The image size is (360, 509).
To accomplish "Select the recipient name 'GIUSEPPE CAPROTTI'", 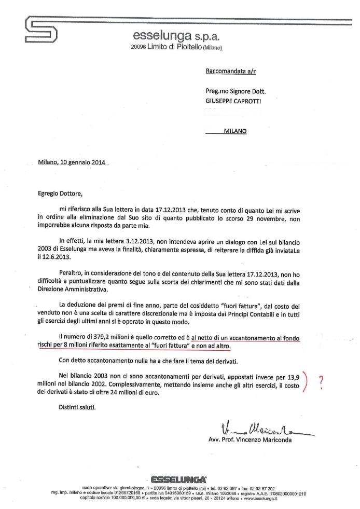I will (233, 102).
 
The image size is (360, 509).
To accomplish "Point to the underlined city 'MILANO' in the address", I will (235, 131).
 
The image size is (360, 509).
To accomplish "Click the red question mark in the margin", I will (322, 381).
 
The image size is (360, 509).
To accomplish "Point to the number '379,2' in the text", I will (109, 338).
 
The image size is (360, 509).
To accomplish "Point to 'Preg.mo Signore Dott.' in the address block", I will (239, 92).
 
